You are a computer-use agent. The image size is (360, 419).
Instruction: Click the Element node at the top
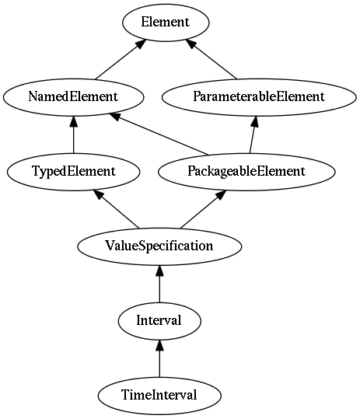click(x=166, y=23)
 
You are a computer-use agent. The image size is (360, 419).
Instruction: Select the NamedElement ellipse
click(x=74, y=97)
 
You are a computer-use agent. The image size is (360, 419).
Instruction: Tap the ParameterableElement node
click(x=259, y=97)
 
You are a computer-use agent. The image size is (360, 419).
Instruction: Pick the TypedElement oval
click(x=74, y=172)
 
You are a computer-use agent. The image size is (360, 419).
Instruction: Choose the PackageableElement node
click(x=246, y=172)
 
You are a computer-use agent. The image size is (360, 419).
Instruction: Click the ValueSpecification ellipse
click(x=159, y=246)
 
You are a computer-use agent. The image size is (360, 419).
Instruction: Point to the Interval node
click(x=159, y=321)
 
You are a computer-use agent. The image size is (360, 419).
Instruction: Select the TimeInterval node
click(x=159, y=396)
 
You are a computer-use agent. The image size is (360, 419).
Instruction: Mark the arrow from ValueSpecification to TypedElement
click(x=116, y=209)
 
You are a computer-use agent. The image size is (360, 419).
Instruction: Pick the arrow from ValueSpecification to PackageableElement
click(x=204, y=209)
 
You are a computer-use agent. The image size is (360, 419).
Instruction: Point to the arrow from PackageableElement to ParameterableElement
click(x=253, y=134)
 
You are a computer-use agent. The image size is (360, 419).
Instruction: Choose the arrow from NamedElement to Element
click(x=121, y=60)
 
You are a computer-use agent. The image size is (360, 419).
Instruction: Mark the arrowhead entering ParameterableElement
click(x=255, y=121)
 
